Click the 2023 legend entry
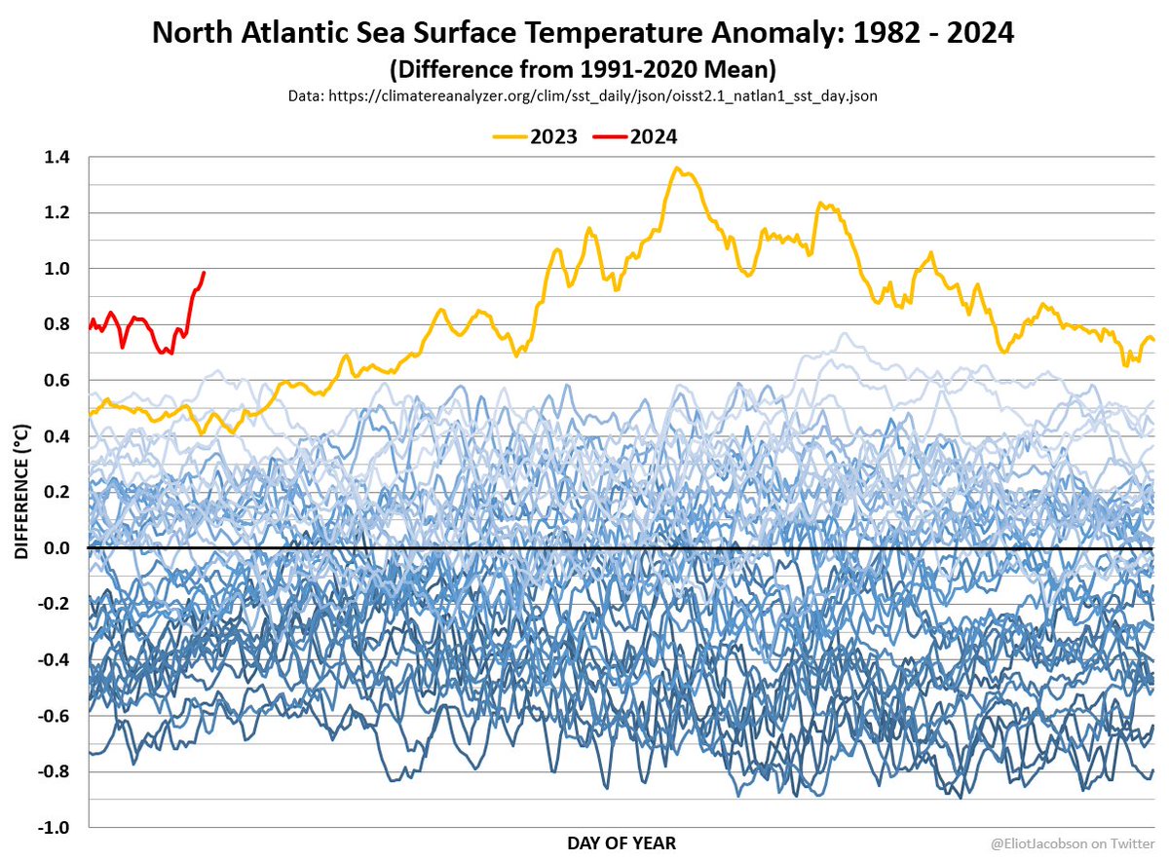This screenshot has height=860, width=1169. (x=553, y=136)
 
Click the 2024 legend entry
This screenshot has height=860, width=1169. (x=654, y=136)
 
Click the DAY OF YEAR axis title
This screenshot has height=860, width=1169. (x=621, y=842)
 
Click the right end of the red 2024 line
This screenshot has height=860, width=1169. (x=203, y=273)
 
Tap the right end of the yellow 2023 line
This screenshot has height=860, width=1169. (x=1154, y=340)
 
